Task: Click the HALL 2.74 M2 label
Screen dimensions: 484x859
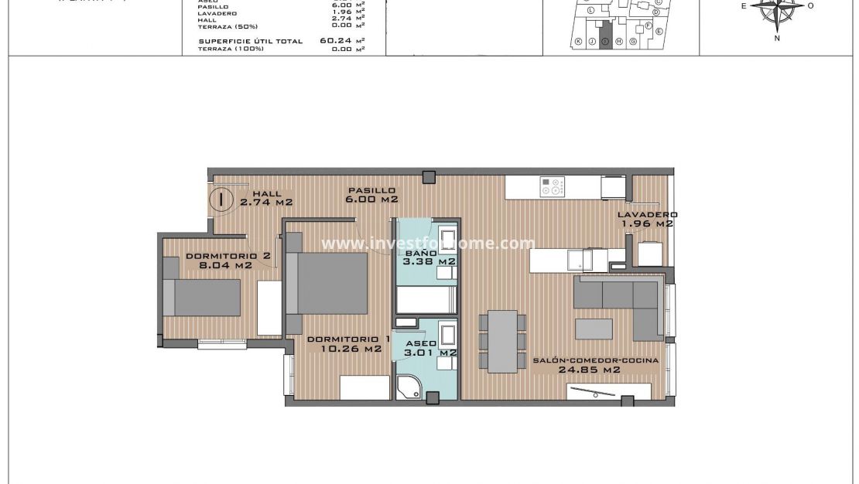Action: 266,198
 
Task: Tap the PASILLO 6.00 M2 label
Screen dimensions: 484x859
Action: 371,195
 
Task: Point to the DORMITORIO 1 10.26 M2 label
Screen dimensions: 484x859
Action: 348,344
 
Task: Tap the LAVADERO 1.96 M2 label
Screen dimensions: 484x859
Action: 647,219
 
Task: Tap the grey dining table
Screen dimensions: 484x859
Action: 502,340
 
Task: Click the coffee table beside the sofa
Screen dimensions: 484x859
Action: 594,328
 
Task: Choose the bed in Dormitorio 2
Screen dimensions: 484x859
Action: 202,298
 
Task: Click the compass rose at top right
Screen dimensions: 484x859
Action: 777,9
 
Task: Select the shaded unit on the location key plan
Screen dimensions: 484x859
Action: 606,41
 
